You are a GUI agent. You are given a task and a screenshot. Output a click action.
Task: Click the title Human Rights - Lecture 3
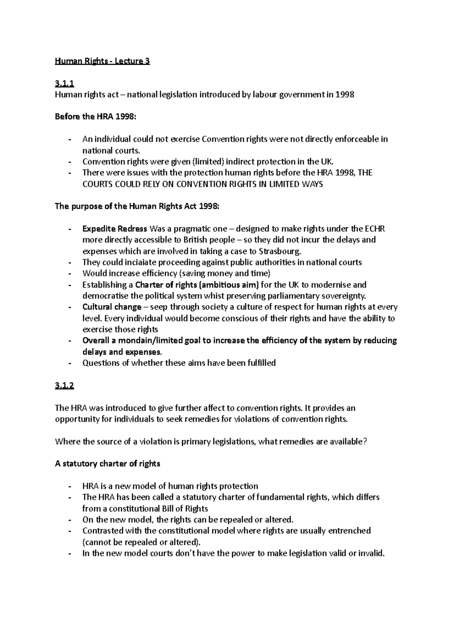pyautogui.click(x=102, y=61)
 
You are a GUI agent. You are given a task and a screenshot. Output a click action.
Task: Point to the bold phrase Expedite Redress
pyautogui.click(x=115, y=229)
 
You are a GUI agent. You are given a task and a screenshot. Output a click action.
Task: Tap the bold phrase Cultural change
pyautogui.click(x=112, y=307)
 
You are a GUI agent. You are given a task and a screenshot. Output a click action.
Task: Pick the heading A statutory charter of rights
pyautogui.click(x=107, y=464)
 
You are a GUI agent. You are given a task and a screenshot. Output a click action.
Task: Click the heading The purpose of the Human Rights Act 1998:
pyautogui.click(x=137, y=206)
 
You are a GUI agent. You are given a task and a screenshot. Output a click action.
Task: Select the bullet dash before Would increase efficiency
pyautogui.click(x=70, y=273)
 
